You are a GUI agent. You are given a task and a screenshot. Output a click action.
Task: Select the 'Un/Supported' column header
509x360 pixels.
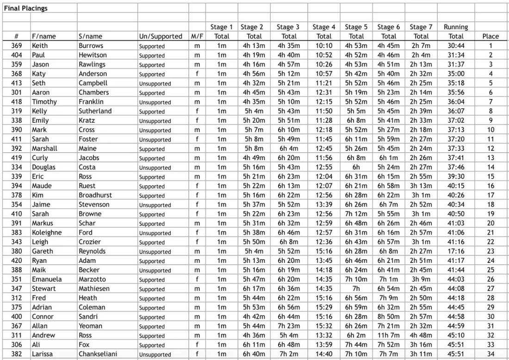[161, 37]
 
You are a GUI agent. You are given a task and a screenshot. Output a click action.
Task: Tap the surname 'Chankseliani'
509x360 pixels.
[98, 354]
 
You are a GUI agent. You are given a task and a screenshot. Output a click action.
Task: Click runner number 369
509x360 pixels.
[16, 46]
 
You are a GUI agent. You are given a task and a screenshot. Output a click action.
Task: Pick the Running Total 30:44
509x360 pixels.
[456, 46]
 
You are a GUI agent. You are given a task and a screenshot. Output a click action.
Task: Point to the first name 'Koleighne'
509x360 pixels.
[46, 232]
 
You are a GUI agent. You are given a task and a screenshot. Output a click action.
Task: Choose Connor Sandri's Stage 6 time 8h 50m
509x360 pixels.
[389, 317]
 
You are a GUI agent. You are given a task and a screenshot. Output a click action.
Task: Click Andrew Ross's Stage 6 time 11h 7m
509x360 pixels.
[389, 335]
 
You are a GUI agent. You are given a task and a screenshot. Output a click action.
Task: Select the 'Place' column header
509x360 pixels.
[490, 37]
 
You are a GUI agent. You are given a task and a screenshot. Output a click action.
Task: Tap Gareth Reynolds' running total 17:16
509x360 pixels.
[456, 251]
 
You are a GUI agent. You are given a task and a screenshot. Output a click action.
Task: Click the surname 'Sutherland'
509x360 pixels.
[95, 111]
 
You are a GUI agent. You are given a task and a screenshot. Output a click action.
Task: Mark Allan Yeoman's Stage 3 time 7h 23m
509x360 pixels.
[289, 326]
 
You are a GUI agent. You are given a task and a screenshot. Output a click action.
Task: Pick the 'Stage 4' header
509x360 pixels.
[324, 27]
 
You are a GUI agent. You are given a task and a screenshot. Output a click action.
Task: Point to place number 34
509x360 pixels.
[490, 354]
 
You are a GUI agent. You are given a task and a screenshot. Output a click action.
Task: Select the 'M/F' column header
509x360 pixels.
[197, 37]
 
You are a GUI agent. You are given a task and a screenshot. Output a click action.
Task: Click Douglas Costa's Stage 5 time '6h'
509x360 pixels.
[356, 167]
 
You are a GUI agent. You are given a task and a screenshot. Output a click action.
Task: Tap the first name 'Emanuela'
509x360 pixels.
[46, 279]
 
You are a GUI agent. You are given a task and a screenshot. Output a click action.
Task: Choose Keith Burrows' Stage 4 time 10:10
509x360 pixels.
[324, 46]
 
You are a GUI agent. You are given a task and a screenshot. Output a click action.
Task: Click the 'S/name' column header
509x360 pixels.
[90, 37]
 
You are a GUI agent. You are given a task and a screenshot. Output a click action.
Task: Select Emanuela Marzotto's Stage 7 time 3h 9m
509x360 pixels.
[421, 279]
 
